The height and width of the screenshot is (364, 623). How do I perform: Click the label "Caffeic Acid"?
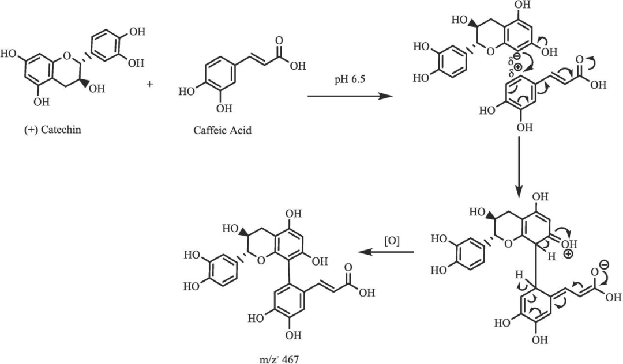click(223, 130)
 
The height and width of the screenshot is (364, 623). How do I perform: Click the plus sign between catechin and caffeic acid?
click(151, 84)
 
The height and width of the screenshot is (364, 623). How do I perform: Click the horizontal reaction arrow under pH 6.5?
click(346, 97)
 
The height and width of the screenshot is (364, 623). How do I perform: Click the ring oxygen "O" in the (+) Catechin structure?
click(67, 56)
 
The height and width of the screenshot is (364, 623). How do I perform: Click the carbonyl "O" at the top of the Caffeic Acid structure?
click(279, 41)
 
